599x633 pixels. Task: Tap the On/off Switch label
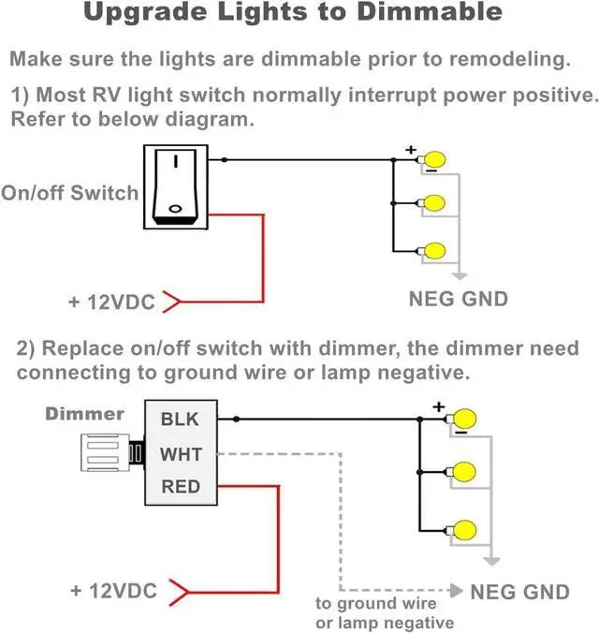69,193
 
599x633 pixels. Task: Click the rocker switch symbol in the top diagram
175,186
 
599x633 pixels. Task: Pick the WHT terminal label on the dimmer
181,453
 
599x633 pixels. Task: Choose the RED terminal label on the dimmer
181,486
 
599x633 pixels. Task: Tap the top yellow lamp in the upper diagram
434,160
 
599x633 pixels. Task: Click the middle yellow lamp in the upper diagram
434,202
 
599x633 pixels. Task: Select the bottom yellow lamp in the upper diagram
434,250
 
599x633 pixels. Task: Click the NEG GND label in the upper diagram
459,300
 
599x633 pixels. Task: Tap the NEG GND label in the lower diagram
519,592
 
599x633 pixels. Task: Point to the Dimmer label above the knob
84,413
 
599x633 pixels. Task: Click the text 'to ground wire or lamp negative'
384,613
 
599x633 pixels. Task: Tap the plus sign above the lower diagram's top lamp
437,406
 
